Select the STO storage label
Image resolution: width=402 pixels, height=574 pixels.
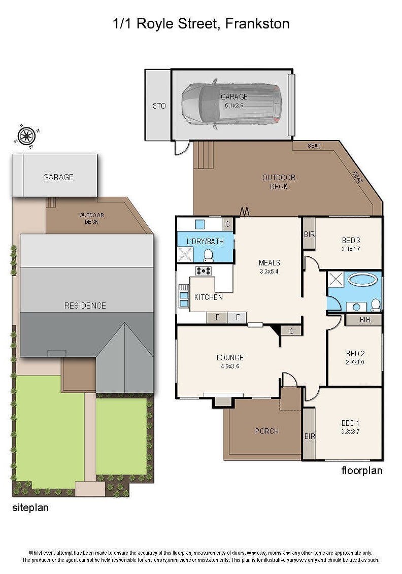click(159, 106)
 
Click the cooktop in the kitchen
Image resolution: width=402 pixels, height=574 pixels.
click(204, 271)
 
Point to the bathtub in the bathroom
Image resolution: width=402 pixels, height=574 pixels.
click(362, 280)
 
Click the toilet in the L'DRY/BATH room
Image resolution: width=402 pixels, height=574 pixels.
click(208, 256)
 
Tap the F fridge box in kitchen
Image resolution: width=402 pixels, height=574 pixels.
click(237, 317)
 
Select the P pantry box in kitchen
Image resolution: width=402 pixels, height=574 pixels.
click(217, 317)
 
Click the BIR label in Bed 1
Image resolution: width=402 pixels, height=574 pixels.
click(310, 436)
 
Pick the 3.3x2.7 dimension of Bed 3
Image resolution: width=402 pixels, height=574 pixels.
click(351, 249)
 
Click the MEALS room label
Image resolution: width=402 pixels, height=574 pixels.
click(270, 262)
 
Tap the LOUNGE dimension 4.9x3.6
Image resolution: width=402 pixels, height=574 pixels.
click(230, 366)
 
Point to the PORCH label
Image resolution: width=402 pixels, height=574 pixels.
click(267, 431)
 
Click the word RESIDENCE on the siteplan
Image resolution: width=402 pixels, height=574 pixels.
click(85, 306)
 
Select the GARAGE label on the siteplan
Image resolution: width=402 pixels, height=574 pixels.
click(58, 177)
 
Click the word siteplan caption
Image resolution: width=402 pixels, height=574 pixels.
click(30, 508)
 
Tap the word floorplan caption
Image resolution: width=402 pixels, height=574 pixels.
click(362, 470)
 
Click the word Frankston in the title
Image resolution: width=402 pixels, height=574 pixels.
click(257, 24)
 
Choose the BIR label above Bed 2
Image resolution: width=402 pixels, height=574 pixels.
click(365, 320)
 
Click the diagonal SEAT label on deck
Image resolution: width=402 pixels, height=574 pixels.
click(358, 177)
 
